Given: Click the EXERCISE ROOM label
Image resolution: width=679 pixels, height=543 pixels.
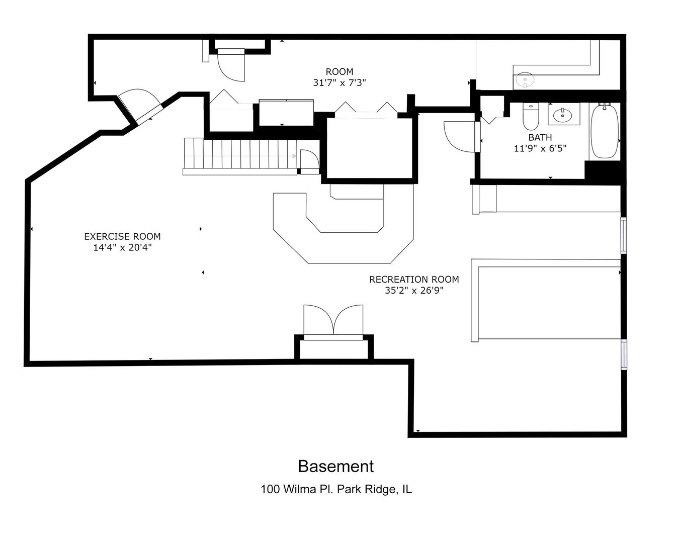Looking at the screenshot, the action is pos(122,236).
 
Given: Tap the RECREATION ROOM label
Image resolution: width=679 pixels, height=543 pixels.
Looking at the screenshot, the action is pos(414,279).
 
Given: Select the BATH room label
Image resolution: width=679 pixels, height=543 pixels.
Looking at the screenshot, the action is pos(540,137).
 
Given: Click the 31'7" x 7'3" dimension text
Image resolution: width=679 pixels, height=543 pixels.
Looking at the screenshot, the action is pos(339,82).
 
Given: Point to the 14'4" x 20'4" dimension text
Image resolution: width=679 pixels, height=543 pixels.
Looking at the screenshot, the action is pos(122,247).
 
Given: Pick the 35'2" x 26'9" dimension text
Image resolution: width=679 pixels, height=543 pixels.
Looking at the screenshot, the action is pos(414,290).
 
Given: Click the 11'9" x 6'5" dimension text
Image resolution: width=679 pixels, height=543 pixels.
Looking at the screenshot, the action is pos(540,148).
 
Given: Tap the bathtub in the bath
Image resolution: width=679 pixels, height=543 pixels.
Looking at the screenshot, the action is pos(604,131).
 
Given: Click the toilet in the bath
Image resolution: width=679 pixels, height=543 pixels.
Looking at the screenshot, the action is pos(531,116).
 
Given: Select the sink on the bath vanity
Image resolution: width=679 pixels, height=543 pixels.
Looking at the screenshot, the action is pos(563,114).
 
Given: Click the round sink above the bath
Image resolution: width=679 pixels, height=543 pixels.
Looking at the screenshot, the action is pos(525,79).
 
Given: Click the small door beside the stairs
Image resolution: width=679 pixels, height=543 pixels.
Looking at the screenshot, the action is pos(309,161).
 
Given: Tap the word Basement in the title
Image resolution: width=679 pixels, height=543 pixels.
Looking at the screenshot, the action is pos(335,467).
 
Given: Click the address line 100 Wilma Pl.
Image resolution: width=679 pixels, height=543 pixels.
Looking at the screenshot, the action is pos(336,489).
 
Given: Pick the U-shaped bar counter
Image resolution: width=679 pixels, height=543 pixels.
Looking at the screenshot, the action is pos(344,228).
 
